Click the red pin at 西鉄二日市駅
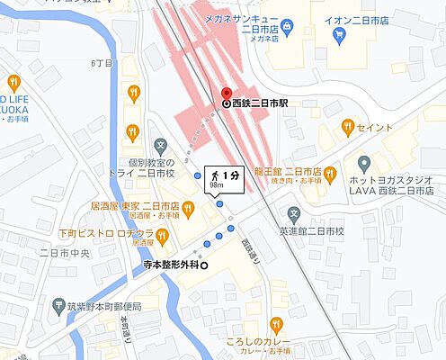coord(227,93)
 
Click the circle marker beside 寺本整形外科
coord(203,265)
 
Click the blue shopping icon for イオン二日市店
coord(340,36)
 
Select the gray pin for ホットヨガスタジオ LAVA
coord(364,165)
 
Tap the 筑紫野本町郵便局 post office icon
coord(58,306)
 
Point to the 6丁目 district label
coord(99,63)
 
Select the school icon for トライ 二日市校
coord(160,144)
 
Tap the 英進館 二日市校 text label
coord(311,231)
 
